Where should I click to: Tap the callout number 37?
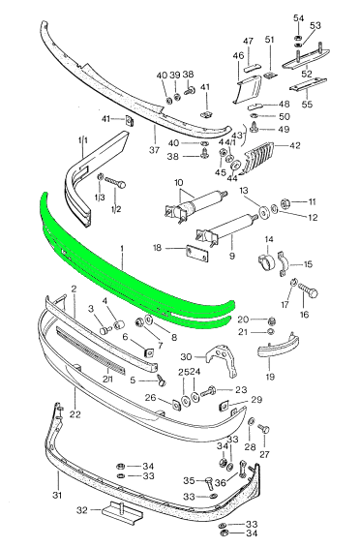154,150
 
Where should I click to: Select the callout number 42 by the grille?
295,145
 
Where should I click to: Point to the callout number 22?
75,414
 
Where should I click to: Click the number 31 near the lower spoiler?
57,495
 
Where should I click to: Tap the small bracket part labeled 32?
123,512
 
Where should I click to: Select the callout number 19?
270,377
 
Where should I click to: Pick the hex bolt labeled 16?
308,290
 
